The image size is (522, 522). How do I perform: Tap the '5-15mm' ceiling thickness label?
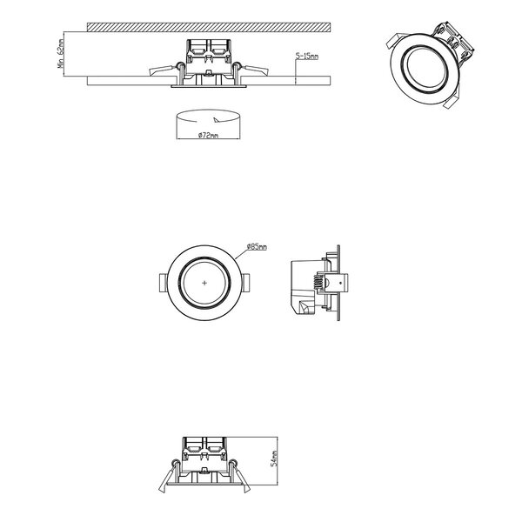[307, 57]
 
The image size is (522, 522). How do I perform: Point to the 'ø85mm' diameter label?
[257, 247]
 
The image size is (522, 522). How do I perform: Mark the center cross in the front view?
[204, 284]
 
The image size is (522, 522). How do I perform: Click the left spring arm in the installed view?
[162, 70]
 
